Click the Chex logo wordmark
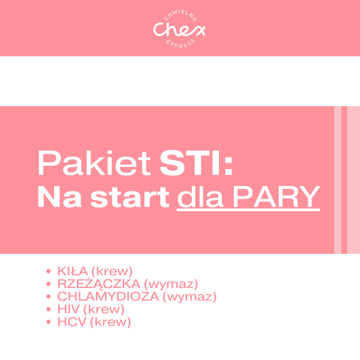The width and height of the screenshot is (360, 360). (x=179, y=29)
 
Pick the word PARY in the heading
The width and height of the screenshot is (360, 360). (x=277, y=197)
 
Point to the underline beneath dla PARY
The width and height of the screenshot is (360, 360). (x=248, y=210)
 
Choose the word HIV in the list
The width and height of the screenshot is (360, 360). (x=68, y=310)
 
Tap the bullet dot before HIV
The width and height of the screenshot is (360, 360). (x=49, y=310)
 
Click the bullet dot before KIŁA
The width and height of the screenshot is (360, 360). (x=49, y=271)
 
